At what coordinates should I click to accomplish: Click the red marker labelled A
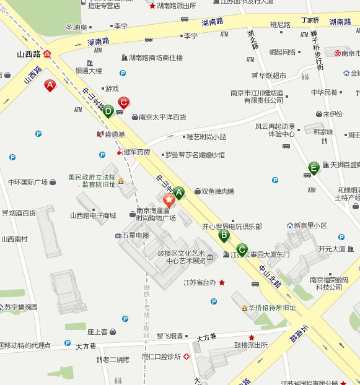click(x=50, y=85)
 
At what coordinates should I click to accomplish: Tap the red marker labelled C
click(x=123, y=102)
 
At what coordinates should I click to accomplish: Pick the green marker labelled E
click(x=314, y=167)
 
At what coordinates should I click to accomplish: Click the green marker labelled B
click(x=224, y=235)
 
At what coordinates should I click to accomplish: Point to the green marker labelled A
click(x=179, y=192)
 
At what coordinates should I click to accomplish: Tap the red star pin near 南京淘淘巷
click(x=169, y=200)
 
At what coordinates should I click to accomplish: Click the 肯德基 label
click(x=114, y=134)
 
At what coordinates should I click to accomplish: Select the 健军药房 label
click(x=137, y=152)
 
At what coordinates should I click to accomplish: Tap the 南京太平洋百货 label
click(x=162, y=116)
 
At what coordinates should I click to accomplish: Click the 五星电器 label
click(x=136, y=235)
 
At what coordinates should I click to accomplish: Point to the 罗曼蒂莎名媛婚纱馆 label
click(x=195, y=155)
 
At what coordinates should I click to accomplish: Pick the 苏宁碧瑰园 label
click(x=21, y=307)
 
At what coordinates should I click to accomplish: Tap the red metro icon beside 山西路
click(x=48, y=54)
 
